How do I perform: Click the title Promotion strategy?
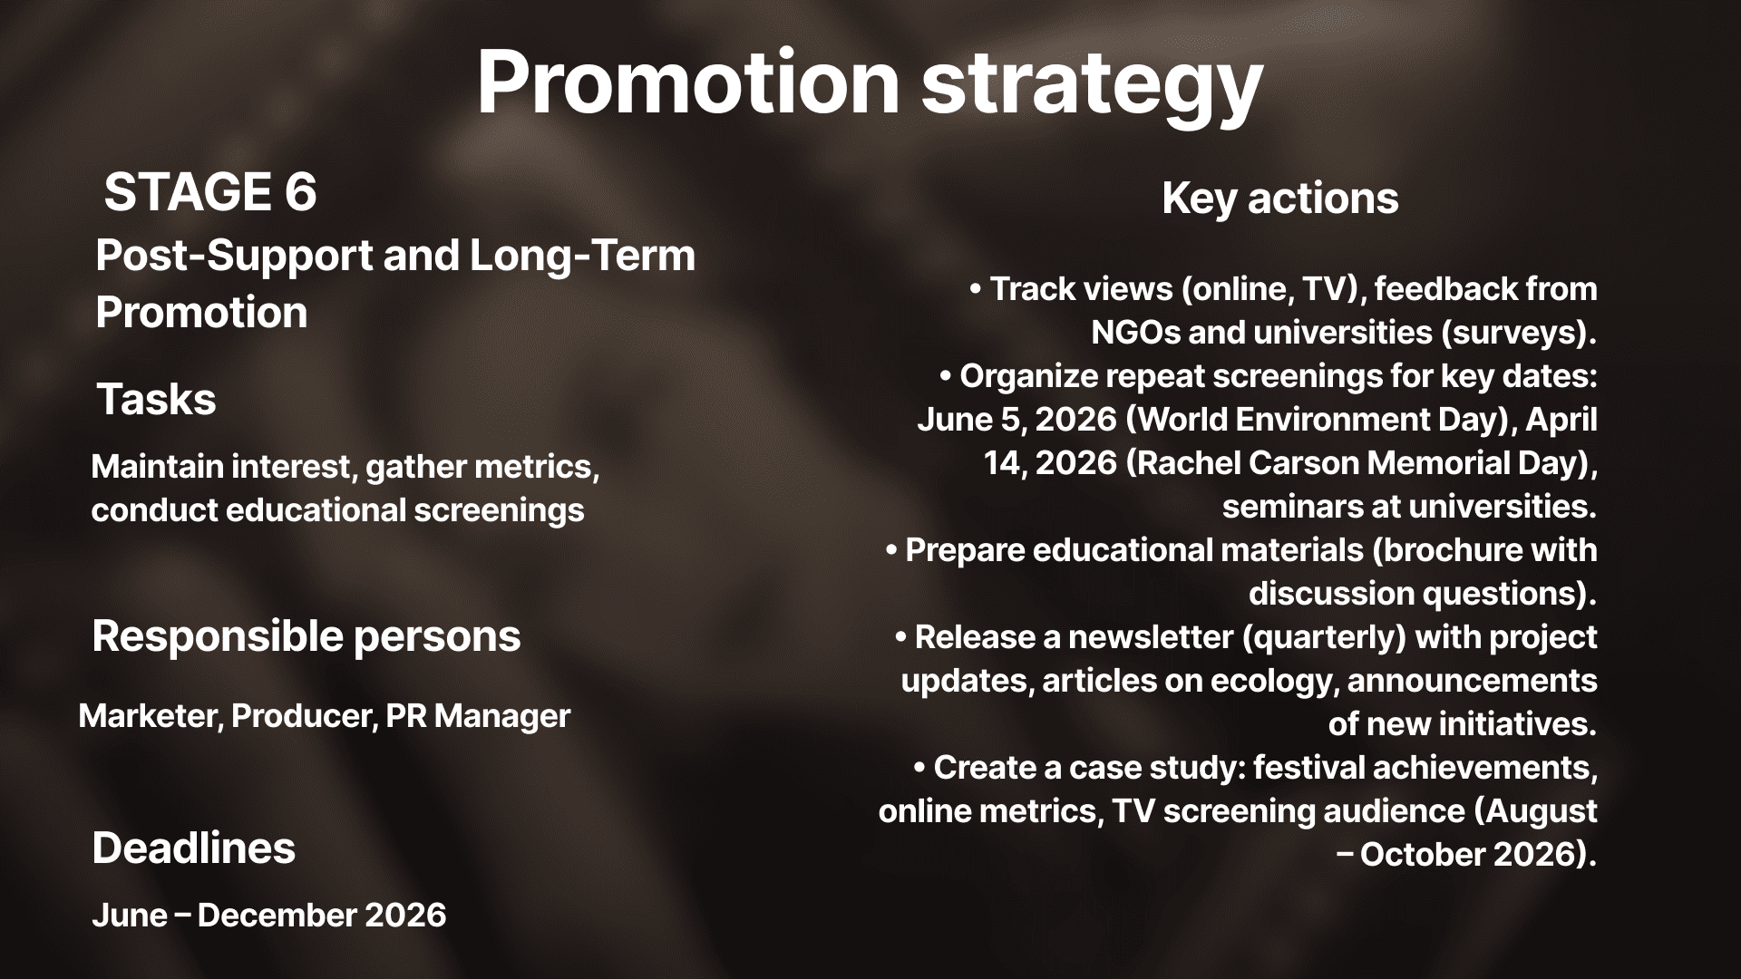point(870,83)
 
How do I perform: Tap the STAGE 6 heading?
point(210,192)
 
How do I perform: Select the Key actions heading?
point(1280,199)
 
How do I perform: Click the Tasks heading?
point(156,400)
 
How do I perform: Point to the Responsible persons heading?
point(306,637)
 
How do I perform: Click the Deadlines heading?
point(194,848)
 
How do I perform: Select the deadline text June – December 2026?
point(269,916)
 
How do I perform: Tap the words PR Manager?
point(478,717)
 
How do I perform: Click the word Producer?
point(304,717)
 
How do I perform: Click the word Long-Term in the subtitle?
point(582,257)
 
